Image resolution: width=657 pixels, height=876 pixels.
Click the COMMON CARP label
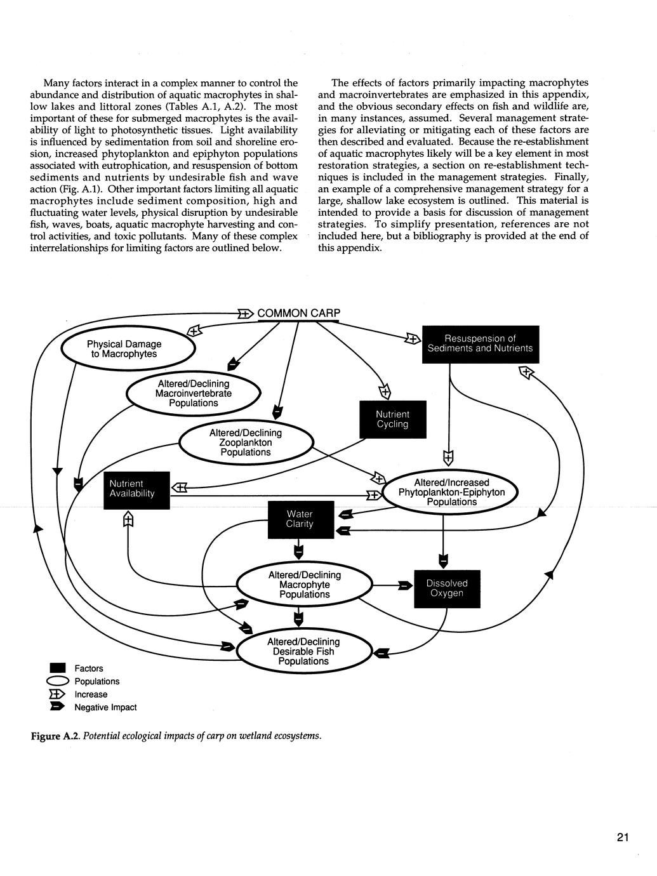coord(298,313)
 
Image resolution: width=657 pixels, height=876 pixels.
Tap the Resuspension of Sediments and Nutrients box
coord(480,343)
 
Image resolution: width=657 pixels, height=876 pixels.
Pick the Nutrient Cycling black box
coord(392,419)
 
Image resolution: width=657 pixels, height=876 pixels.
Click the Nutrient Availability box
coord(136,489)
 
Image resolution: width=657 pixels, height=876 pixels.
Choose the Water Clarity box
coord(300,519)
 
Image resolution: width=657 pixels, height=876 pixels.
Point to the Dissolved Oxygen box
coord(447,588)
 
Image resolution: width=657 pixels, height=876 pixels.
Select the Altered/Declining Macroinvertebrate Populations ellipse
coord(194,394)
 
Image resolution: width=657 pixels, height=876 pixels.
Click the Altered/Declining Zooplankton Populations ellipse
coord(246,442)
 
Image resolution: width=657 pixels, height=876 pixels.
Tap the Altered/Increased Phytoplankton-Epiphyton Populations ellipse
coord(451,492)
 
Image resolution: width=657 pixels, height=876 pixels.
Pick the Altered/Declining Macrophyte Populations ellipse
coord(304,585)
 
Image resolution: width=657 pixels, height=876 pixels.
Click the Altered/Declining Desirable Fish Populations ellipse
coord(303,651)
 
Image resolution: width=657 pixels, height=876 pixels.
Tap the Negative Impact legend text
coord(105,707)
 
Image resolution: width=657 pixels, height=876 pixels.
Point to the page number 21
coord(622,837)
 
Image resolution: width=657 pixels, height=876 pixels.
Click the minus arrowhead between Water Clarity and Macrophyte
coord(299,552)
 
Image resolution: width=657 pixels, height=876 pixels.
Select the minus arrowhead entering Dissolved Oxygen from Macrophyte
coord(404,585)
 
